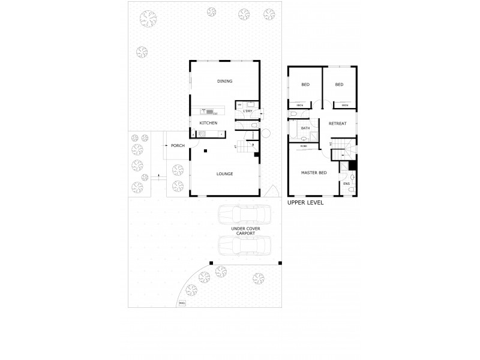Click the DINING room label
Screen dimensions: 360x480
tap(225, 82)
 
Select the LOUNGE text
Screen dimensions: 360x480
tap(225, 174)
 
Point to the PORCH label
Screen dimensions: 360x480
tap(178, 145)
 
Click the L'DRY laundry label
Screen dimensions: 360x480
tap(248, 112)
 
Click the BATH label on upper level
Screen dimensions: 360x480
tap(305, 128)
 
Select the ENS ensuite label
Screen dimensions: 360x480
tap(347, 184)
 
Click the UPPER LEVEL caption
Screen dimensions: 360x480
tap(305, 203)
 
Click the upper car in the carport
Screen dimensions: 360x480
tap(244, 215)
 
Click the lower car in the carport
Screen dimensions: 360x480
tap(244, 246)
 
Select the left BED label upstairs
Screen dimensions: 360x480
tap(305, 85)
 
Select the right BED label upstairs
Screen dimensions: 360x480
tap(339, 85)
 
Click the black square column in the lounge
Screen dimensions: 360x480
tap(205, 151)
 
